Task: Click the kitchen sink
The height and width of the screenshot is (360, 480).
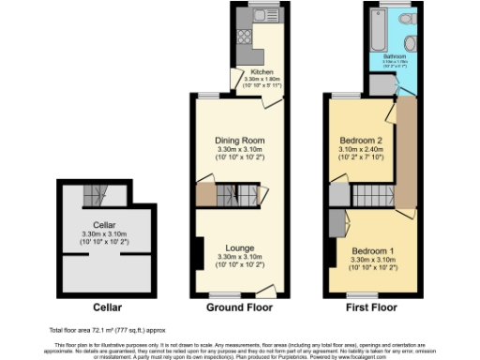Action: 247,18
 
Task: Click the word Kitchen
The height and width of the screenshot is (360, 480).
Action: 261,72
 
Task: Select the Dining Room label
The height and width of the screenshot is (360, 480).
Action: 229,140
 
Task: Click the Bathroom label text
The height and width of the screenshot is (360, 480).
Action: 395,55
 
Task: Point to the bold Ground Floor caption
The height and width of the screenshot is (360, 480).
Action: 229,307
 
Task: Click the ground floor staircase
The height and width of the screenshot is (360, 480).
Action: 231,196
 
